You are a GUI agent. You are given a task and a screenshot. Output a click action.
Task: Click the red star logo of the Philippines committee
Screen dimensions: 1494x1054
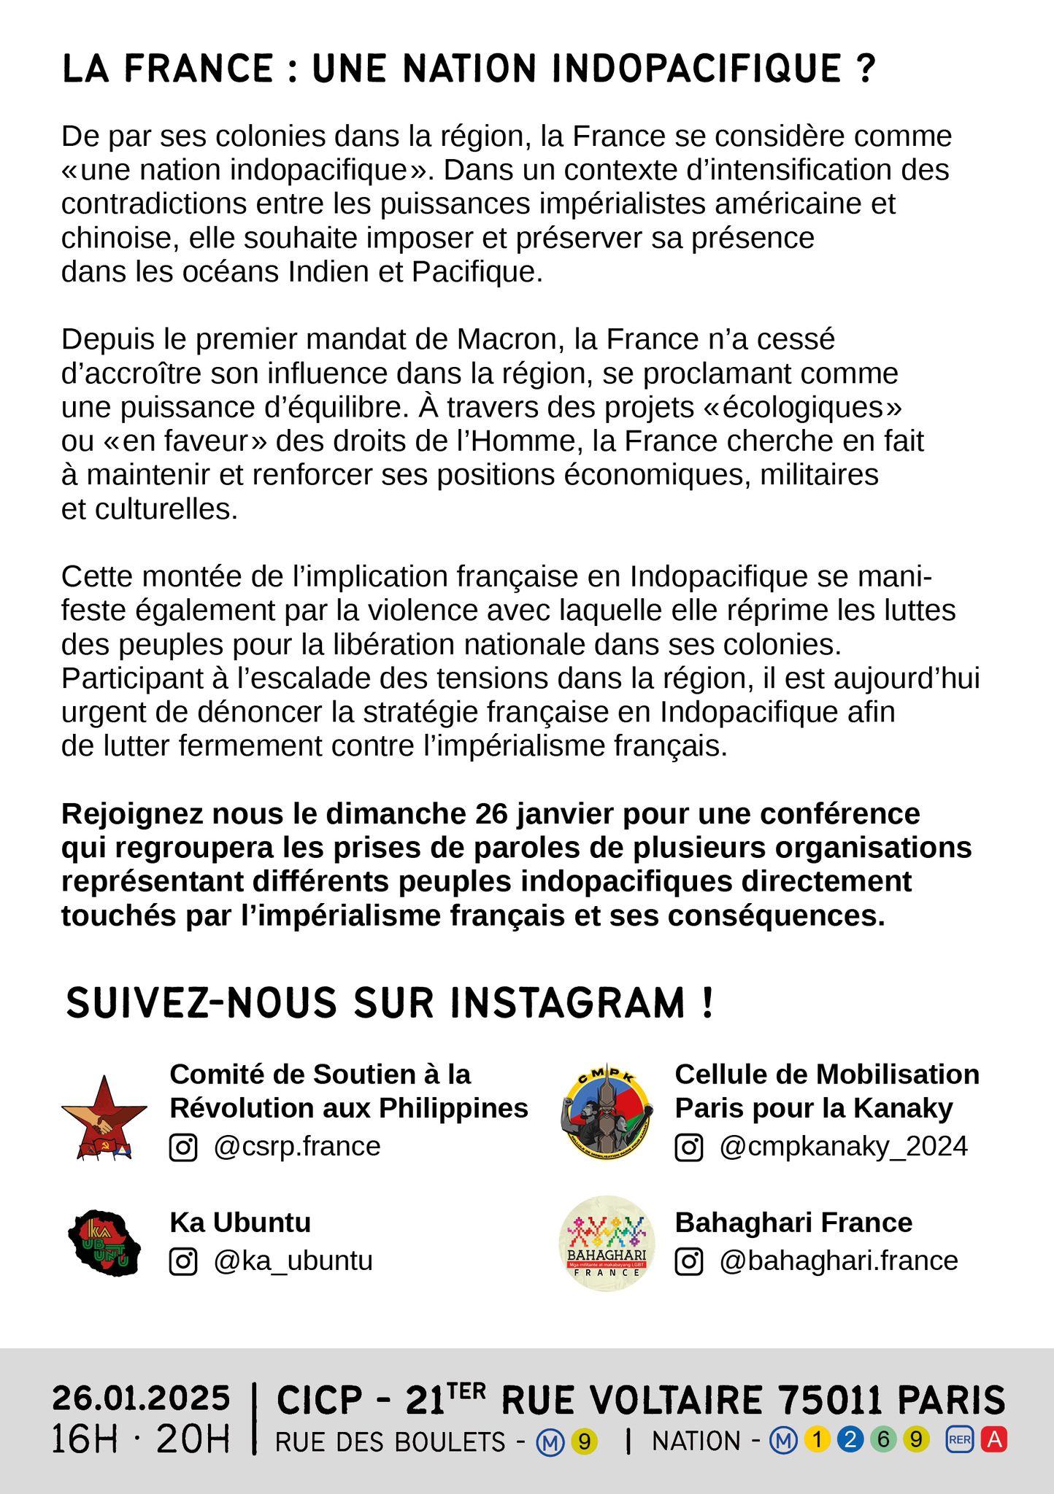104,1117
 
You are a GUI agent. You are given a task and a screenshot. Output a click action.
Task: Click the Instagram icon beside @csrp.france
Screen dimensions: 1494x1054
183,1147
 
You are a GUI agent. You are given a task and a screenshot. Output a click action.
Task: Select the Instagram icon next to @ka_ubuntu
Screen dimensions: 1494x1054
183,1261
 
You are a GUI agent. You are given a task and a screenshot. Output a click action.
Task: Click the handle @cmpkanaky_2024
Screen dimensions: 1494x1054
843,1147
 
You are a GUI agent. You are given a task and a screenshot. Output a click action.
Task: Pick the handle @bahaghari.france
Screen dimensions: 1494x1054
838,1261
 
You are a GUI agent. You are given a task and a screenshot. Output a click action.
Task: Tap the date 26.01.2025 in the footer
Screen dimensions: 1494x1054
141,1399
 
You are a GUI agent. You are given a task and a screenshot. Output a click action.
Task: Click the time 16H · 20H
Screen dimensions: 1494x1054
141,1440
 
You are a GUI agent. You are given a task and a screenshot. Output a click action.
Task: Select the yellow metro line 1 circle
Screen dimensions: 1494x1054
818,1440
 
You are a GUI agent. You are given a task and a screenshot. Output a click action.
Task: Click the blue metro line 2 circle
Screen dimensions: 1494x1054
850,1440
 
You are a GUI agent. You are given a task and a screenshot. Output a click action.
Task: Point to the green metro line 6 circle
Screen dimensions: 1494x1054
883,1440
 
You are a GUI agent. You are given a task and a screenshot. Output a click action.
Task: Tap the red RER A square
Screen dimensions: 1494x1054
994,1440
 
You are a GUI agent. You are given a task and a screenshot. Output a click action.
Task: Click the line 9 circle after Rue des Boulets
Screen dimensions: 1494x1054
584,1441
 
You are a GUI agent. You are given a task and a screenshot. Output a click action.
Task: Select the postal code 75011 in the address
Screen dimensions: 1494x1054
831,1400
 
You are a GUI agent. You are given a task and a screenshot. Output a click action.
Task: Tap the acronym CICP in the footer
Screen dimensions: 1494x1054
319,1400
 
